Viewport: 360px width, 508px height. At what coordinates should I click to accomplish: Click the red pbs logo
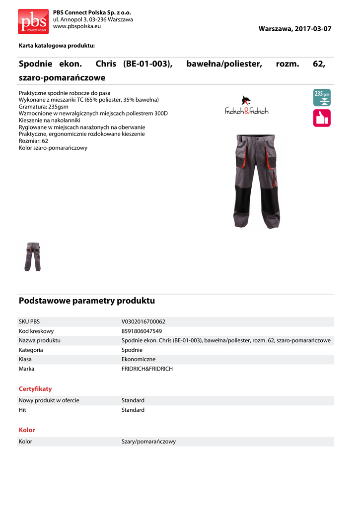tap(33, 21)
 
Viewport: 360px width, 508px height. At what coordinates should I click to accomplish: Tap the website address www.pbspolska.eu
tap(76, 26)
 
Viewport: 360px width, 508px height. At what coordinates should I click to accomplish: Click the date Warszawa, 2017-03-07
tap(294, 29)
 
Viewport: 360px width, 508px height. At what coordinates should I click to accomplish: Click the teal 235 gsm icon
tap(321, 97)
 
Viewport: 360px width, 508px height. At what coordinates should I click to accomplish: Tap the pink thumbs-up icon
tap(321, 118)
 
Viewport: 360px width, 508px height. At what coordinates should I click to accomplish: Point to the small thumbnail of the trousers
tap(33, 256)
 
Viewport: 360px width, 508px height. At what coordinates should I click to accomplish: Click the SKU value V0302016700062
tap(144, 321)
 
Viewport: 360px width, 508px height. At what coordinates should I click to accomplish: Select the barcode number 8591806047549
tap(142, 331)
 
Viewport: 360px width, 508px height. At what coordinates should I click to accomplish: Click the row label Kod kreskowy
tap(36, 331)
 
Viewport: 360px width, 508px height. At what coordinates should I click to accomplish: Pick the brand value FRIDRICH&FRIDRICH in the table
tap(147, 369)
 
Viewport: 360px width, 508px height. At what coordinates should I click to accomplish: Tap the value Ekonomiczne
tap(139, 359)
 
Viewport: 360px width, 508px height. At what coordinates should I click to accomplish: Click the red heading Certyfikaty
tap(35, 389)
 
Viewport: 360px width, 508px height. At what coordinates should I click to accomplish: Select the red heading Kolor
tap(27, 430)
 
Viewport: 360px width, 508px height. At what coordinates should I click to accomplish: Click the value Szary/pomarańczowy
tap(148, 441)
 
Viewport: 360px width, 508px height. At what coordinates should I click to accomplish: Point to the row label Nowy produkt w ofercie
tap(49, 400)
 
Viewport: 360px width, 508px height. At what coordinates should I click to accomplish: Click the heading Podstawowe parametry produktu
tap(87, 301)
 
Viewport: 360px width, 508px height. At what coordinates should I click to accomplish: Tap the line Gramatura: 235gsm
tap(44, 107)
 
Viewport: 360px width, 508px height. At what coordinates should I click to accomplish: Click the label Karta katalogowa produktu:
tap(57, 46)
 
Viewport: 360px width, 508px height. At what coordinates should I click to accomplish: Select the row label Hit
tap(22, 410)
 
